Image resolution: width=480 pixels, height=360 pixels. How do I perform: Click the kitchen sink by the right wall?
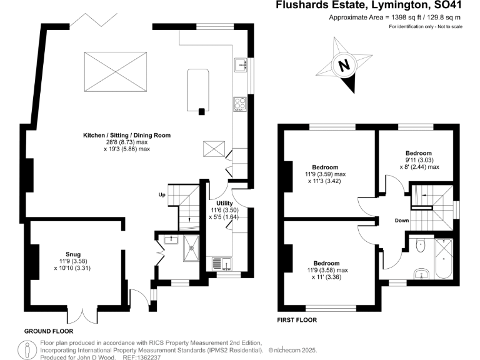click(x=241, y=64)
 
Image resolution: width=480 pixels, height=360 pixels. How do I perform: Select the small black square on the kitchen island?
click(x=202, y=111)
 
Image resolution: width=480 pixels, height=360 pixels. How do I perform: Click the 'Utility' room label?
click(x=224, y=204)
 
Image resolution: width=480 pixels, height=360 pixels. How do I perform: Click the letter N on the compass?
click(x=342, y=65)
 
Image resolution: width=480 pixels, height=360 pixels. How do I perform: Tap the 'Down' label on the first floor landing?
click(x=402, y=221)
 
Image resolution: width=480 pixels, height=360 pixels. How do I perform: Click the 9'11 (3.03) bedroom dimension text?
click(x=418, y=160)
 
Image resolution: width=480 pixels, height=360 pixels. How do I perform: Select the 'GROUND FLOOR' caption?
click(x=49, y=331)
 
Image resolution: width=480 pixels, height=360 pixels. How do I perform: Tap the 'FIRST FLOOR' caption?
click(x=297, y=320)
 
